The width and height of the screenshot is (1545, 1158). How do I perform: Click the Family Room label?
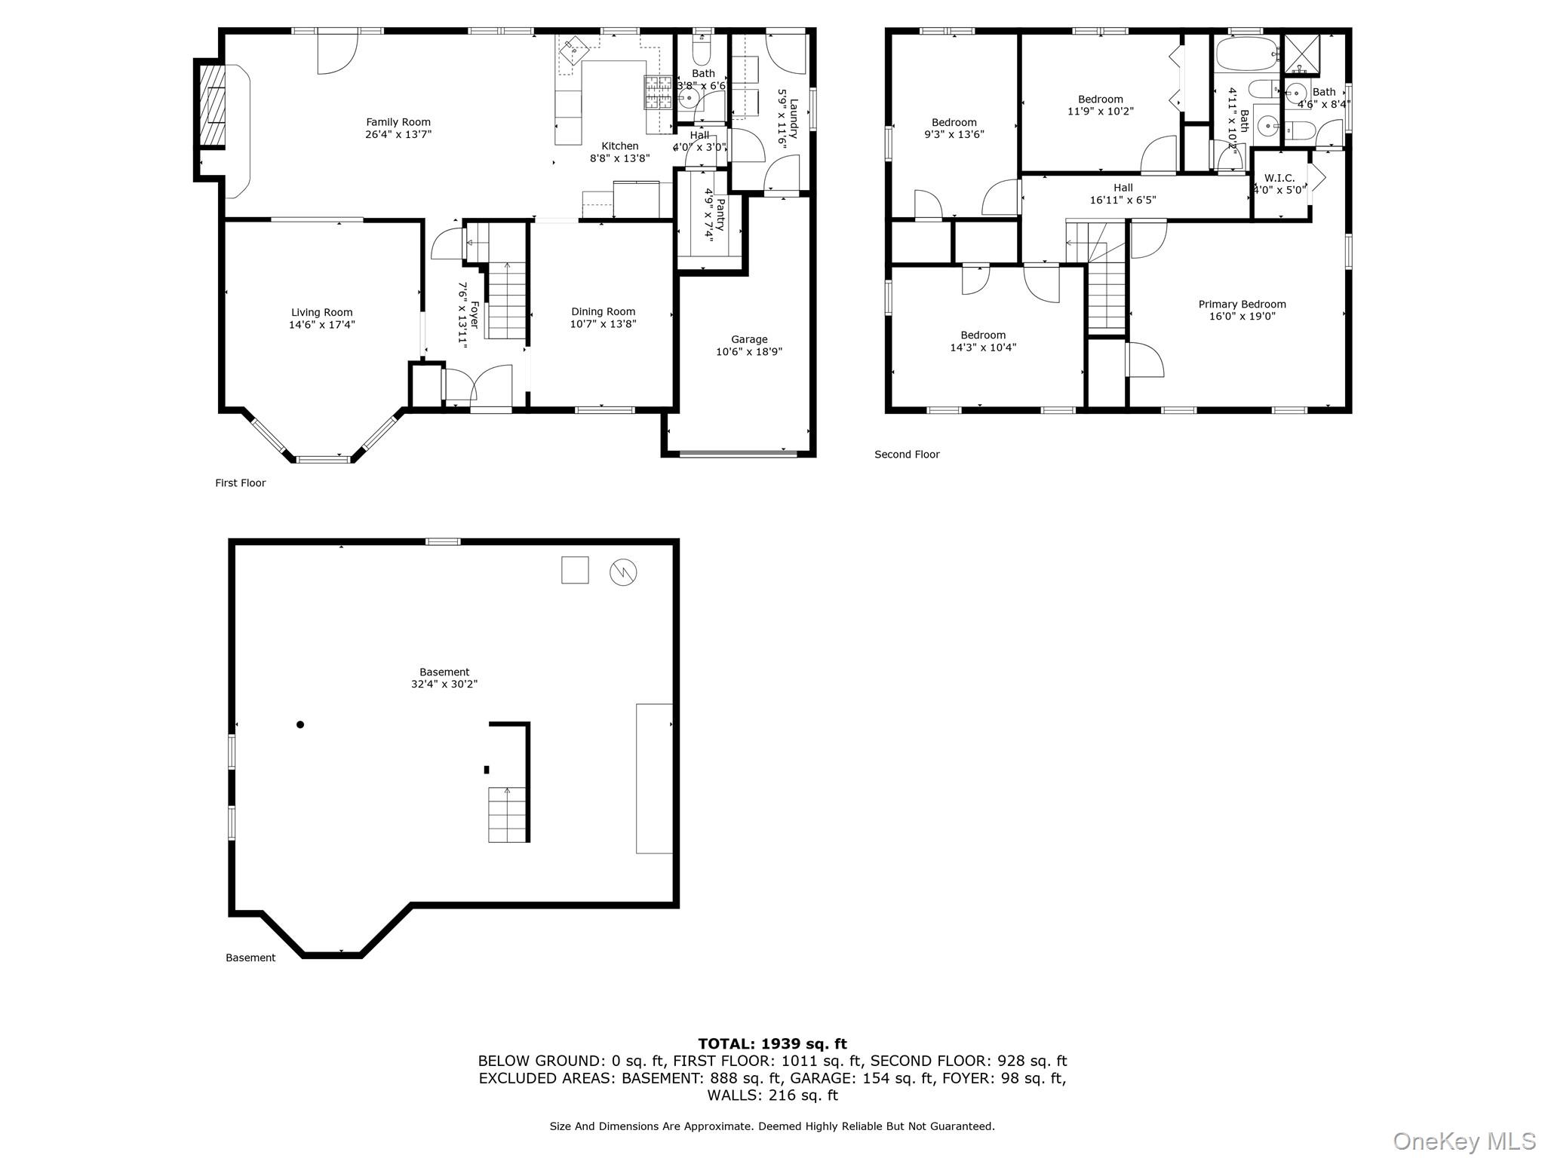tap(398, 122)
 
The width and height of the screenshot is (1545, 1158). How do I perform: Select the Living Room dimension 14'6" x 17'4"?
tap(321, 325)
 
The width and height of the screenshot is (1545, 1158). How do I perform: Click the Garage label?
tap(749, 339)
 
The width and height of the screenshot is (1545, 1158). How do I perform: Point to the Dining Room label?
tap(603, 311)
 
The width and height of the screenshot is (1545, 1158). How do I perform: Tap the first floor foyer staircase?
tap(505, 300)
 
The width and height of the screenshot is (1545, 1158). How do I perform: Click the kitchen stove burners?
tap(657, 93)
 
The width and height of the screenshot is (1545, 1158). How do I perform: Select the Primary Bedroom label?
tap(1242, 305)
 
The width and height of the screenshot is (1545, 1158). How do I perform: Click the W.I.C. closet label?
tap(1279, 178)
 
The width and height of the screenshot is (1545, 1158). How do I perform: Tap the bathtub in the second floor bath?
tap(1246, 54)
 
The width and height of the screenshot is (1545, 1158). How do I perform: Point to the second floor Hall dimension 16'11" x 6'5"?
tap(1123, 201)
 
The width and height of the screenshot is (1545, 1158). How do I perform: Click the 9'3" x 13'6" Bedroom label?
tap(954, 122)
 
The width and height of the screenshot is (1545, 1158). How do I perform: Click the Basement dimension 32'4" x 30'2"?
tap(444, 685)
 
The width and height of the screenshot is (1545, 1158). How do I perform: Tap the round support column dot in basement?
tap(300, 725)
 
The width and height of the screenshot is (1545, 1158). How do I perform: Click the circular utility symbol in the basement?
tap(623, 572)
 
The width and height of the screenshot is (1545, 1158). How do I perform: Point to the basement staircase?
tap(507, 814)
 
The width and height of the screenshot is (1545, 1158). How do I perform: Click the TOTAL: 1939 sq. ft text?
tap(772, 1044)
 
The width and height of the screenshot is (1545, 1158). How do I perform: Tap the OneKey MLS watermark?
tap(1464, 1141)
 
